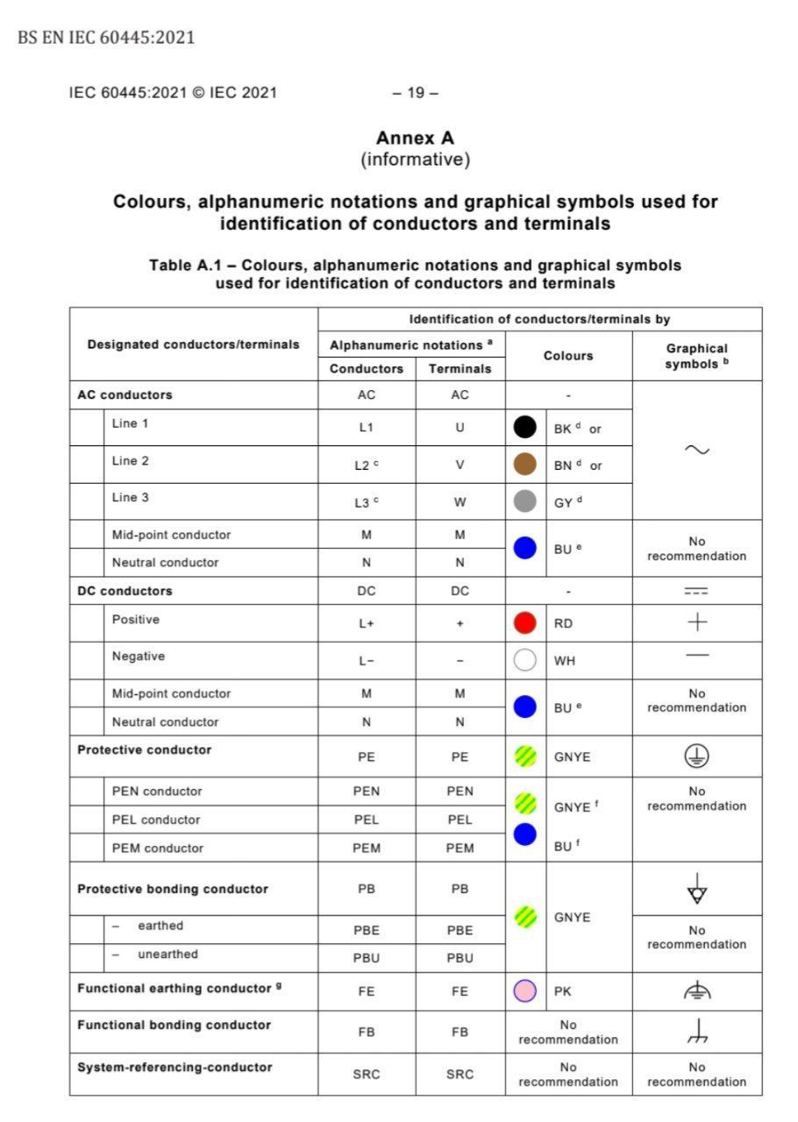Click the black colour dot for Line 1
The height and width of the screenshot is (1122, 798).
(x=524, y=428)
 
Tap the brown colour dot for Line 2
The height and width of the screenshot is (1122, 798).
(x=524, y=465)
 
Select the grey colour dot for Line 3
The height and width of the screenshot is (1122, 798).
(x=524, y=501)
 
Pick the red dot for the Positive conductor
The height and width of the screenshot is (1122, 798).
(x=524, y=623)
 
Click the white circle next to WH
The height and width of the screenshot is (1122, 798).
(x=524, y=660)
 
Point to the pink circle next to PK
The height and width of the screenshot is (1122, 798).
(x=524, y=991)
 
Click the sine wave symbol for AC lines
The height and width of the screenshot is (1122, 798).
(x=696, y=450)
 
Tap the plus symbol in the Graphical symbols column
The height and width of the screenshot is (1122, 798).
(x=696, y=623)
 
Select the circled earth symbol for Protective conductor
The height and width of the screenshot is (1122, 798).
(x=696, y=756)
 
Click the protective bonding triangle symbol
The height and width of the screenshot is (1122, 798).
(x=696, y=890)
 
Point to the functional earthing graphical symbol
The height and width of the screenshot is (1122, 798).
(x=696, y=991)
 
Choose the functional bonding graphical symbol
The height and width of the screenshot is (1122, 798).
(x=696, y=1033)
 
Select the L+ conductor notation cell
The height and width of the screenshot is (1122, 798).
(x=366, y=624)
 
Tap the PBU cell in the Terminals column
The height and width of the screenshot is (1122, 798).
(x=460, y=958)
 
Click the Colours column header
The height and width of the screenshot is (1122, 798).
(x=568, y=356)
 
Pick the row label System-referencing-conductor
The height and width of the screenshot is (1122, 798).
(x=175, y=1068)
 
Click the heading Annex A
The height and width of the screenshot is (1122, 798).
(x=415, y=138)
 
